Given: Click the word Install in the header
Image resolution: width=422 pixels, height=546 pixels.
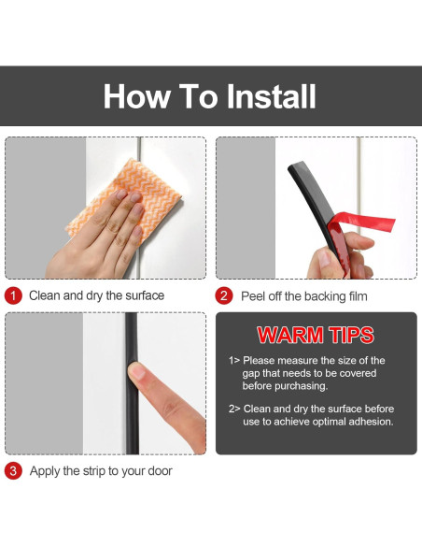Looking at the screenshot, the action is click(x=272, y=96).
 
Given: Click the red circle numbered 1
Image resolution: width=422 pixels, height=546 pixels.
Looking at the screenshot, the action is click(x=13, y=295).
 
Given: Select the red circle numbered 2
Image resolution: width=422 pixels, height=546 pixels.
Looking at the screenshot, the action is click(x=224, y=296).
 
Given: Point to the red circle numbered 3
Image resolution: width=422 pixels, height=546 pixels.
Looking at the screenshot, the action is click(x=13, y=471).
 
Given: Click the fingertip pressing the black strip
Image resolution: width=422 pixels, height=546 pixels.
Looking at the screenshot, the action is click(x=137, y=372).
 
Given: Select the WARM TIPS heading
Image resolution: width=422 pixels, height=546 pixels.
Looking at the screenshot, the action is click(x=316, y=335).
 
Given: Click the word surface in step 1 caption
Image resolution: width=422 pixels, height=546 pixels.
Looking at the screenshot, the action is click(x=145, y=295).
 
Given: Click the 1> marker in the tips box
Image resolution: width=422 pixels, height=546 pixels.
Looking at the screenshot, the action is click(x=234, y=360).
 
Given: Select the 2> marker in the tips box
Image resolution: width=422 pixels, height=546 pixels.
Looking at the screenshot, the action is click(x=234, y=409).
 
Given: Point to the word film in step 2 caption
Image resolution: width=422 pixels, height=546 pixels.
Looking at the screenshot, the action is click(x=359, y=296).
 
